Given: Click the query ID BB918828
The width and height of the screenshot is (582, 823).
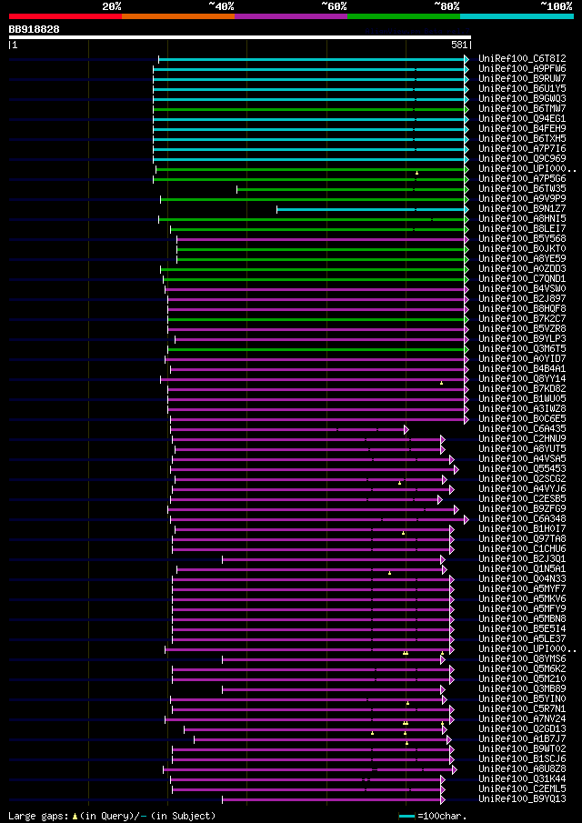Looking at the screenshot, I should (x=34, y=29).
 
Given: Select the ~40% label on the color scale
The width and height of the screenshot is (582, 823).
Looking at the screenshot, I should (x=221, y=6).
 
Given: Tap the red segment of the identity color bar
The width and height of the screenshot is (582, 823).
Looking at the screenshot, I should (x=65, y=15).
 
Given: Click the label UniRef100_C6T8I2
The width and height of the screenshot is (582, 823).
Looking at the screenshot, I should (x=521, y=58).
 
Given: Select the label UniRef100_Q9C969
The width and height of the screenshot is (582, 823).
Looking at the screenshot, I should (x=521, y=158).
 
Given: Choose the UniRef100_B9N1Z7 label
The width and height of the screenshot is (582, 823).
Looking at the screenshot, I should (x=521, y=208).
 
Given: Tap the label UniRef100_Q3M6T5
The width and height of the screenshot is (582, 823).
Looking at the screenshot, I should (x=521, y=348).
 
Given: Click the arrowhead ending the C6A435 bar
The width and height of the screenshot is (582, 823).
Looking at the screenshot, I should (x=406, y=429).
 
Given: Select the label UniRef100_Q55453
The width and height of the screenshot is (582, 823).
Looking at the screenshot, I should (x=521, y=468).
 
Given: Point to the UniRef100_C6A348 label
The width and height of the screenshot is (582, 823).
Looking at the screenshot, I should (x=521, y=518).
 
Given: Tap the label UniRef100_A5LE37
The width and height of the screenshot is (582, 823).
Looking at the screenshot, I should (x=521, y=638).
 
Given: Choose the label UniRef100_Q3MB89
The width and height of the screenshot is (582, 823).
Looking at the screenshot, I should (x=521, y=688).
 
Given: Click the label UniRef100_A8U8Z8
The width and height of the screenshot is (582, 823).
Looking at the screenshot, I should (x=521, y=768).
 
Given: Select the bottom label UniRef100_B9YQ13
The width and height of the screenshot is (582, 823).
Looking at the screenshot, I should (x=521, y=798).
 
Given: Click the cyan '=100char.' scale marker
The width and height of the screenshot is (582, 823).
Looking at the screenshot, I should (x=406, y=816).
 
